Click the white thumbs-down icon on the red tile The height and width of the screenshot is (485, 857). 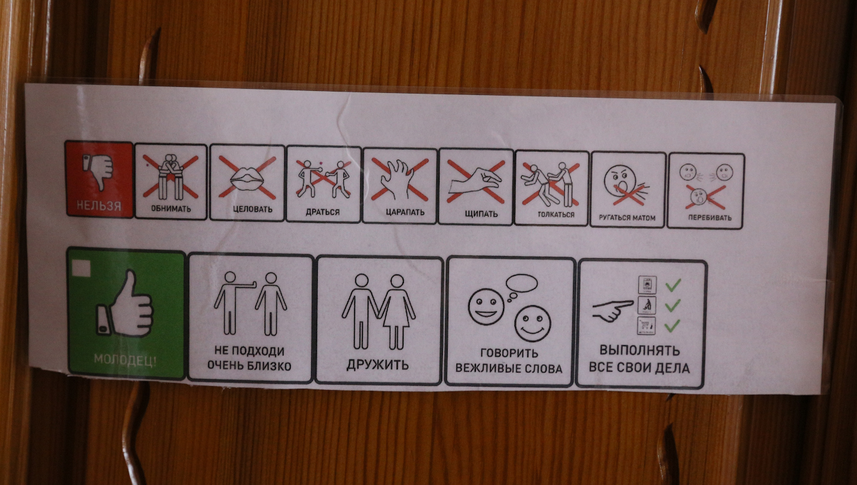(x=98, y=170)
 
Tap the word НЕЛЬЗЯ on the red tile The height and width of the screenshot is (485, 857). (x=99, y=206)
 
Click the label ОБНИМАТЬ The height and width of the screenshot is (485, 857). (x=171, y=209)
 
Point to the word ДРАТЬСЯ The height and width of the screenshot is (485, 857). (x=322, y=212)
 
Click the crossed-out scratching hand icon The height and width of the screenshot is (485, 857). (x=399, y=179)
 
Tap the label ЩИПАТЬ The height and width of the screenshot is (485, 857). (x=481, y=214)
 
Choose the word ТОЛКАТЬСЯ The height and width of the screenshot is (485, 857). (x=556, y=215)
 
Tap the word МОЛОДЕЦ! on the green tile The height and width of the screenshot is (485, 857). (x=125, y=360)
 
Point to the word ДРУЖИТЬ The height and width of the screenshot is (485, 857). (x=378, y=365)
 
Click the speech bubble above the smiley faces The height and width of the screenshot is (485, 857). (x=522, y=284)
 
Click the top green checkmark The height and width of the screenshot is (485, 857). (x=673, y=285)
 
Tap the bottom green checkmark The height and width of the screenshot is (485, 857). (x=673, y=326)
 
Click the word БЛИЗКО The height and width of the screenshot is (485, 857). (x=270, y=366)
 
